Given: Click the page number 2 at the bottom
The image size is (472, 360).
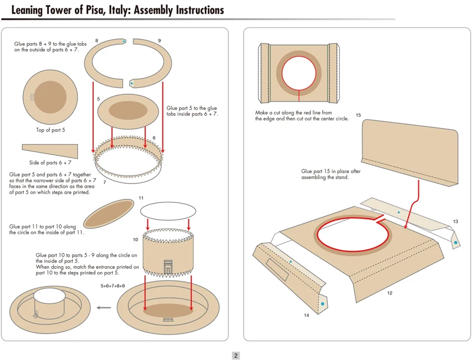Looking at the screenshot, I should (235, 355).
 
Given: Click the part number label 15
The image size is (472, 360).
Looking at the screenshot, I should (359, 115).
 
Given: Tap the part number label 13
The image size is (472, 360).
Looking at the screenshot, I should (455, 221).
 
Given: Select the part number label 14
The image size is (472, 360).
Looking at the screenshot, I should (306, 315).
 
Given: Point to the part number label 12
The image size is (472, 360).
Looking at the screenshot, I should (389, 293).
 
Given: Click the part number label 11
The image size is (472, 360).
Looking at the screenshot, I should (141, 198).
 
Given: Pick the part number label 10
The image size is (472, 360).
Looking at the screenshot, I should (136, 240).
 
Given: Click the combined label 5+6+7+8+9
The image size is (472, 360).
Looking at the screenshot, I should (113, 286).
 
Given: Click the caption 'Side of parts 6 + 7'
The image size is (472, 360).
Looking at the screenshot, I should (50, 162).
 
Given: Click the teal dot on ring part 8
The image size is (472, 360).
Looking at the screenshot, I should (124, 42).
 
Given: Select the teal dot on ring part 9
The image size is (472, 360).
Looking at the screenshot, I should (131, 83).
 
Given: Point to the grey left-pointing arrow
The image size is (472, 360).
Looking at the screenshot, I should (104, 307).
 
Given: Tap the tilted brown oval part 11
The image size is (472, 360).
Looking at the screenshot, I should (109, 213).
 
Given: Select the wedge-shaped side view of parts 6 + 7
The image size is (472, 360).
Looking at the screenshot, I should (50, 150).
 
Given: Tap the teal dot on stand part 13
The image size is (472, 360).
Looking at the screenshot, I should (399, 212).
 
